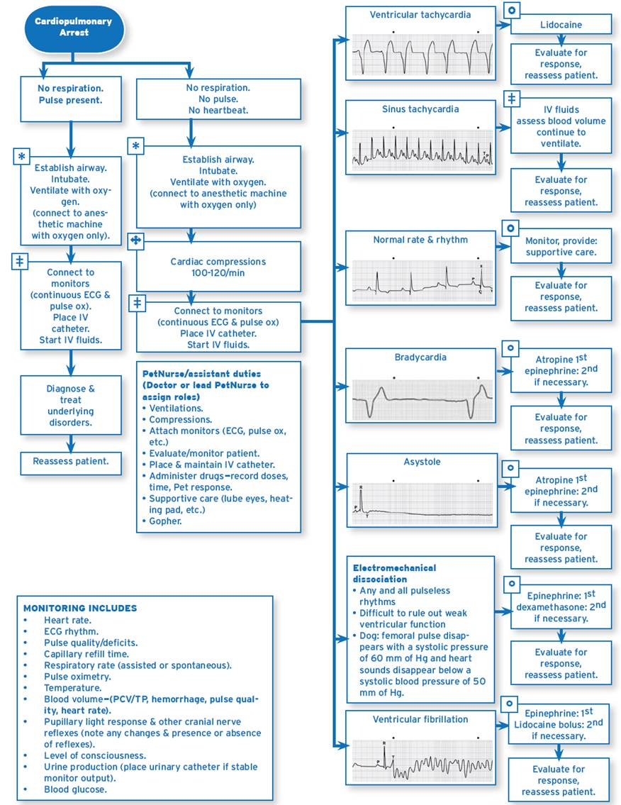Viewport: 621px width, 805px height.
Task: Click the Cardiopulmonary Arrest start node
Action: [73, 27]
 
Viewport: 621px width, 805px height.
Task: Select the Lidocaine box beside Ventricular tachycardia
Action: [561, 25]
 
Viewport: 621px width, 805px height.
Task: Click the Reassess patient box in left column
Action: [71, 462]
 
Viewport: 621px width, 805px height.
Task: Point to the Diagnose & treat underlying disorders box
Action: [71, 406]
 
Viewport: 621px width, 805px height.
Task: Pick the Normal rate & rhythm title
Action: [420, 240]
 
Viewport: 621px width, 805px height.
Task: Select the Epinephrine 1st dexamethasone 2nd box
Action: [561, 607]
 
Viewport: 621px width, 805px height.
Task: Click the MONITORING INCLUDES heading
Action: [80, 608]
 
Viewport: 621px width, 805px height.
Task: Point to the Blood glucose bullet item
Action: [75, 789]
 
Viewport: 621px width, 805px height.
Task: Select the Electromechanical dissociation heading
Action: [394, 573]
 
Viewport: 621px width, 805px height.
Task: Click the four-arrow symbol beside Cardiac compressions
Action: [137, 242]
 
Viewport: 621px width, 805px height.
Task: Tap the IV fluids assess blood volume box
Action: [561, 126]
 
